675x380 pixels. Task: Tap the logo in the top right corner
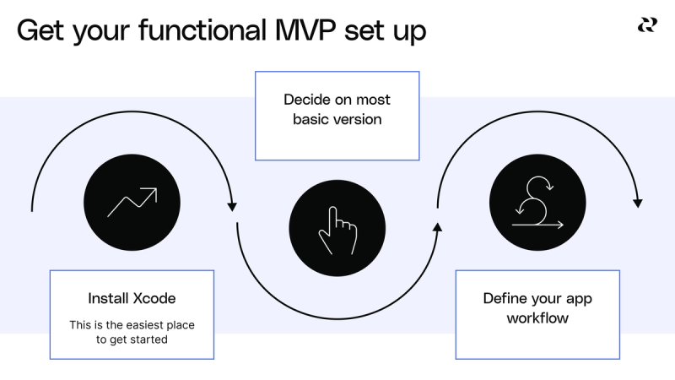[647, 25]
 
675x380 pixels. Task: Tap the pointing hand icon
[337, 229]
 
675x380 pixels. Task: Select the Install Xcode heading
[132, 298]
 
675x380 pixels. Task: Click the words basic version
[337, 119]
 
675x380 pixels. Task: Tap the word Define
[505, 298]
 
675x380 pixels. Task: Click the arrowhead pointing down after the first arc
[232, 205]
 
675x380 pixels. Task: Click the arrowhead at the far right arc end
[638, 203]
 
